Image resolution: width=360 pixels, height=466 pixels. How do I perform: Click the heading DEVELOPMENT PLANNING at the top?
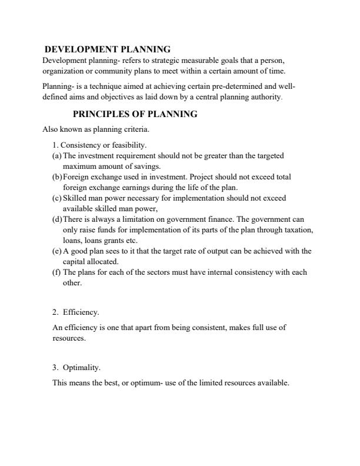(108, 49)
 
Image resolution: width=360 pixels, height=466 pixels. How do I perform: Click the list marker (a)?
(56, 156)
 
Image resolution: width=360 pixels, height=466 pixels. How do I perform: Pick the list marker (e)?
(56, 251)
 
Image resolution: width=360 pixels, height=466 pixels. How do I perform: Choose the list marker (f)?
(56, 272)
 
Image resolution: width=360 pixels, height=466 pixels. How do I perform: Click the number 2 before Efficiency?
(54, 312)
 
